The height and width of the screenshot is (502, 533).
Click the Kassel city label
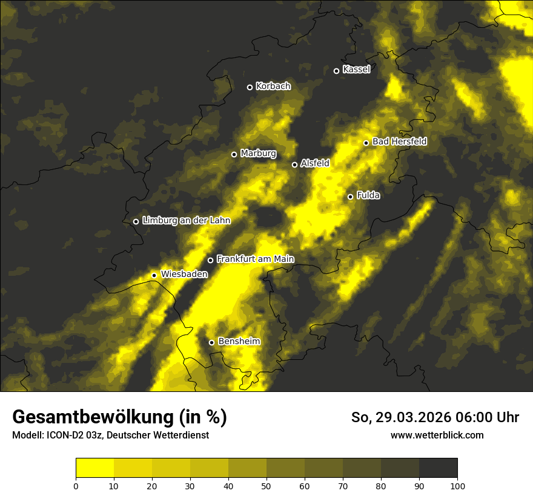[x=356, y=70]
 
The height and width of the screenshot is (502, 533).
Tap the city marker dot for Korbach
[x=250, y=87]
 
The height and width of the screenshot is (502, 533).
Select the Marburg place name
[x=258, y=154]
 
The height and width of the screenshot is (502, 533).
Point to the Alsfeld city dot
[x=295, y=165]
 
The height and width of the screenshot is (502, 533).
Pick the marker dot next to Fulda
[x=350, y=197]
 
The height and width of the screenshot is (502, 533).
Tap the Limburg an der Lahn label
[x=186, y=221]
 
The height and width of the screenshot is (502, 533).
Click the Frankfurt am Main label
[x=255, y=259]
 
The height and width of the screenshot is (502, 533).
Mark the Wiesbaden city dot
[x=154, y=275]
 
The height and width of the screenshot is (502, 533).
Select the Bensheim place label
[x=239, y=342]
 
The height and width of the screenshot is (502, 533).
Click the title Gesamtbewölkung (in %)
[x=119, y=417]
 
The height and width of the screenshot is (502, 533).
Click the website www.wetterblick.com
[x=437, y=435]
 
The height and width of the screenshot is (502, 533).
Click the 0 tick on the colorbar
[x=76, y=486]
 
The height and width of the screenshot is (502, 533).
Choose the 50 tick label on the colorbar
[x=266, y=486]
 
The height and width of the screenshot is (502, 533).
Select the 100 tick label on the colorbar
[x=457, y=486]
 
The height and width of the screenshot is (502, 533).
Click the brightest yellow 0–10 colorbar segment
[x=94, y=468]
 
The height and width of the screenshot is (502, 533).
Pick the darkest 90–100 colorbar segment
[x=438, y=468]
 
